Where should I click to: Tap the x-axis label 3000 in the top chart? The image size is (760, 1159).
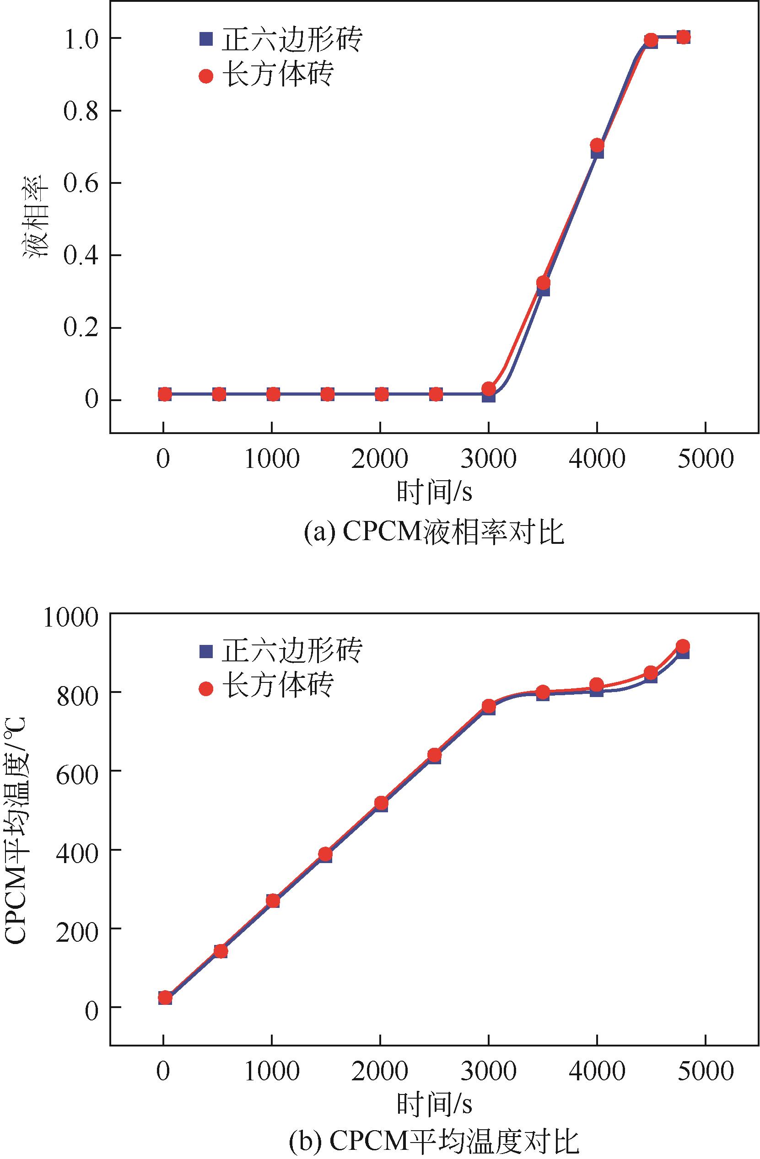[x=489, y=459]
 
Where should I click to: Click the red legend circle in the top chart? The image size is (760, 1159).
[x=206, y=76]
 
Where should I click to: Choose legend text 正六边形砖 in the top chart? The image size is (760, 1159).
[x=292, y=39]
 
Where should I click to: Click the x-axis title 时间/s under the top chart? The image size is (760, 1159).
[x=434, y=492]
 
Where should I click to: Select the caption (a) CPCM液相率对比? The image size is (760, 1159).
[x=434, y=532]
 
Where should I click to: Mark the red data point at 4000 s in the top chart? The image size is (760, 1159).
[x=597, y=145]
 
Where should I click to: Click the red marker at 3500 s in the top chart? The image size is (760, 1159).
[x=543, y=283]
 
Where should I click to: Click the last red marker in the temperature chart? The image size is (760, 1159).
[x=683, y=646]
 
